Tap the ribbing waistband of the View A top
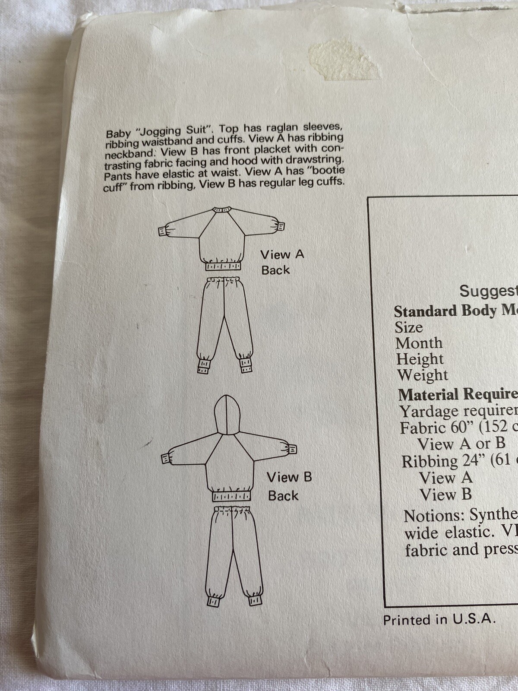tap(223, 266)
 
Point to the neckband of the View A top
tap(223, 210)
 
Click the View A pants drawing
tap(224, 324)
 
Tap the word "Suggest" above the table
tap(488, 291)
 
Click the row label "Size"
tap(408, 327)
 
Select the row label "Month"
tap(419, 343)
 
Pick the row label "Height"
tap(420, 359)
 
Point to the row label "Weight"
tap(422, 375)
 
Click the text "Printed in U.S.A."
tap(439, 620)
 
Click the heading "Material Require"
tap(458, 394)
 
